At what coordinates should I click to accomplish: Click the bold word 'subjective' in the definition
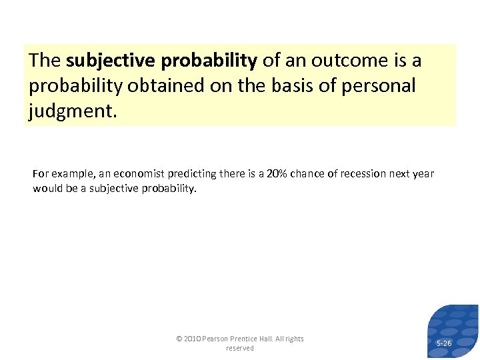tap(110, 61)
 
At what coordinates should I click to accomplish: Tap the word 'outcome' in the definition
tap(347, 61)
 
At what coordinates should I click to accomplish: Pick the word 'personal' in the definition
tap(383, 86)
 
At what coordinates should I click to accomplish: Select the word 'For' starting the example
tap(40, 174)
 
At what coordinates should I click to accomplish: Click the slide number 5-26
tap(443, 343)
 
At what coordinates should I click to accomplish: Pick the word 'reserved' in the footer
tap(240, 348)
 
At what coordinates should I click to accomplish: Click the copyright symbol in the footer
tap(179, 339)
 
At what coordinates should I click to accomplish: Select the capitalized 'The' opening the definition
tap(45, 61)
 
